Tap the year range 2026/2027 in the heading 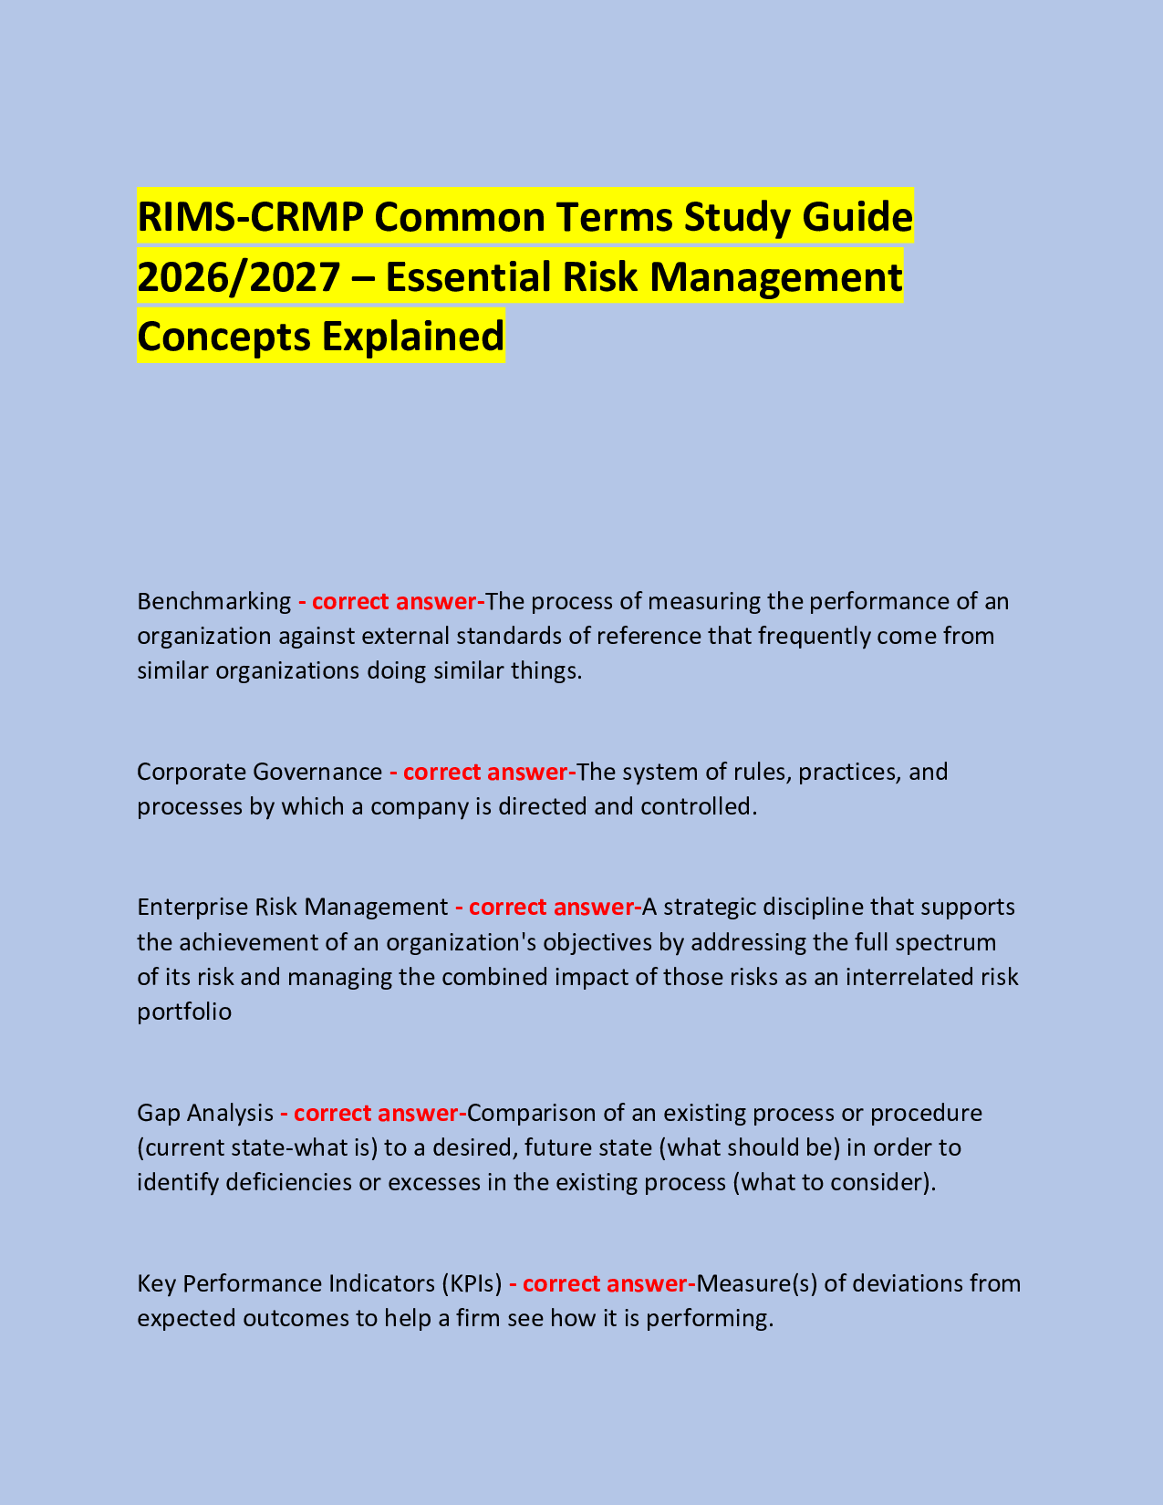point(238,277)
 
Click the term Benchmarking point(213,602)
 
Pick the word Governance point(317,773)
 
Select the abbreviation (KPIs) point(472,1284)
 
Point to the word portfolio point(184,1012)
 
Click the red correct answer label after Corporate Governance point(483,773)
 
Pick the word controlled point(700,807)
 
